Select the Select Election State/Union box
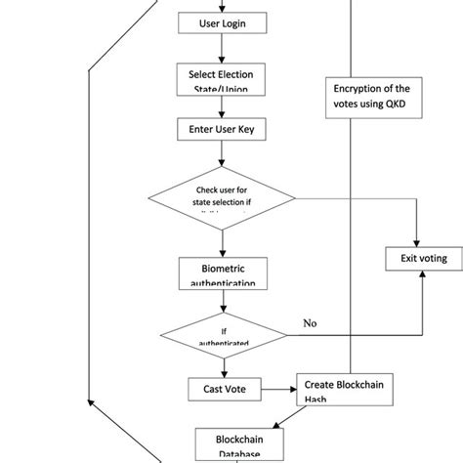pos(223,79)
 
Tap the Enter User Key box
pos(223,129)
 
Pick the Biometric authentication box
pos(223,272)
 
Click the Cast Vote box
pos(223,390)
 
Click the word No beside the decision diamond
pos(311,322)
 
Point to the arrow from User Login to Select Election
pos(223,48)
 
